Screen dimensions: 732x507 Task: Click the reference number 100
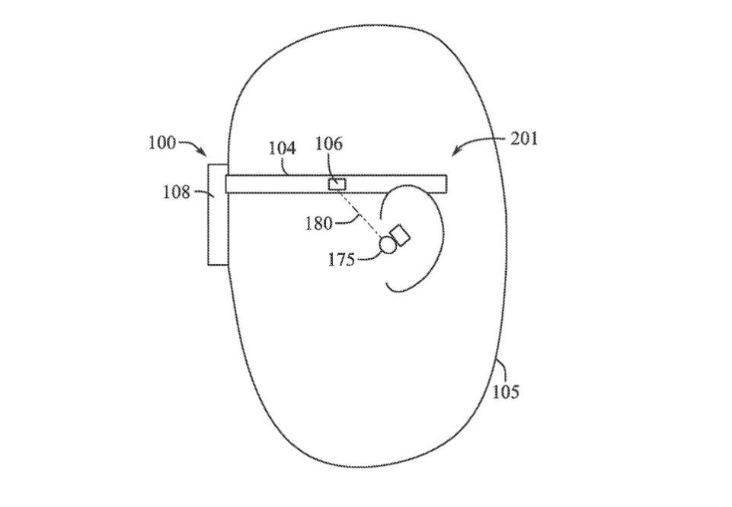tap(162, 142)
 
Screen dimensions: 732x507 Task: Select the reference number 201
tap(524, 139)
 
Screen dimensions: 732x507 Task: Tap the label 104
tap(282, 148)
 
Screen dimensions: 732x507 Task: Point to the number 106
tap(328, 144)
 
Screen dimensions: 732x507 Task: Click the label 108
tap(177, 192)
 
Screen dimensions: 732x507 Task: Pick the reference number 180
tap(319, 223)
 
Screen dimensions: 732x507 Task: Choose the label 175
tap(341, 259)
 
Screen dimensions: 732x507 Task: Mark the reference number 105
tap(506, 392)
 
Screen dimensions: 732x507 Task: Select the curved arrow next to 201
tap(476, 142)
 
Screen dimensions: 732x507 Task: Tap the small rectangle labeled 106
tap(337, 184)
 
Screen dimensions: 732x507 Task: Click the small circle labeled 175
tap(387, 245)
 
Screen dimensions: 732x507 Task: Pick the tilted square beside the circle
tap(400, 235)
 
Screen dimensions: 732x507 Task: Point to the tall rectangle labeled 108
tap(218, 215)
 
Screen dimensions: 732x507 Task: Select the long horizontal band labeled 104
tap(336, 183)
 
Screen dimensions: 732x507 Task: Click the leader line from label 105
tap(502, 371)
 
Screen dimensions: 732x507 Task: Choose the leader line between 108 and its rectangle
tap(203, 193)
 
